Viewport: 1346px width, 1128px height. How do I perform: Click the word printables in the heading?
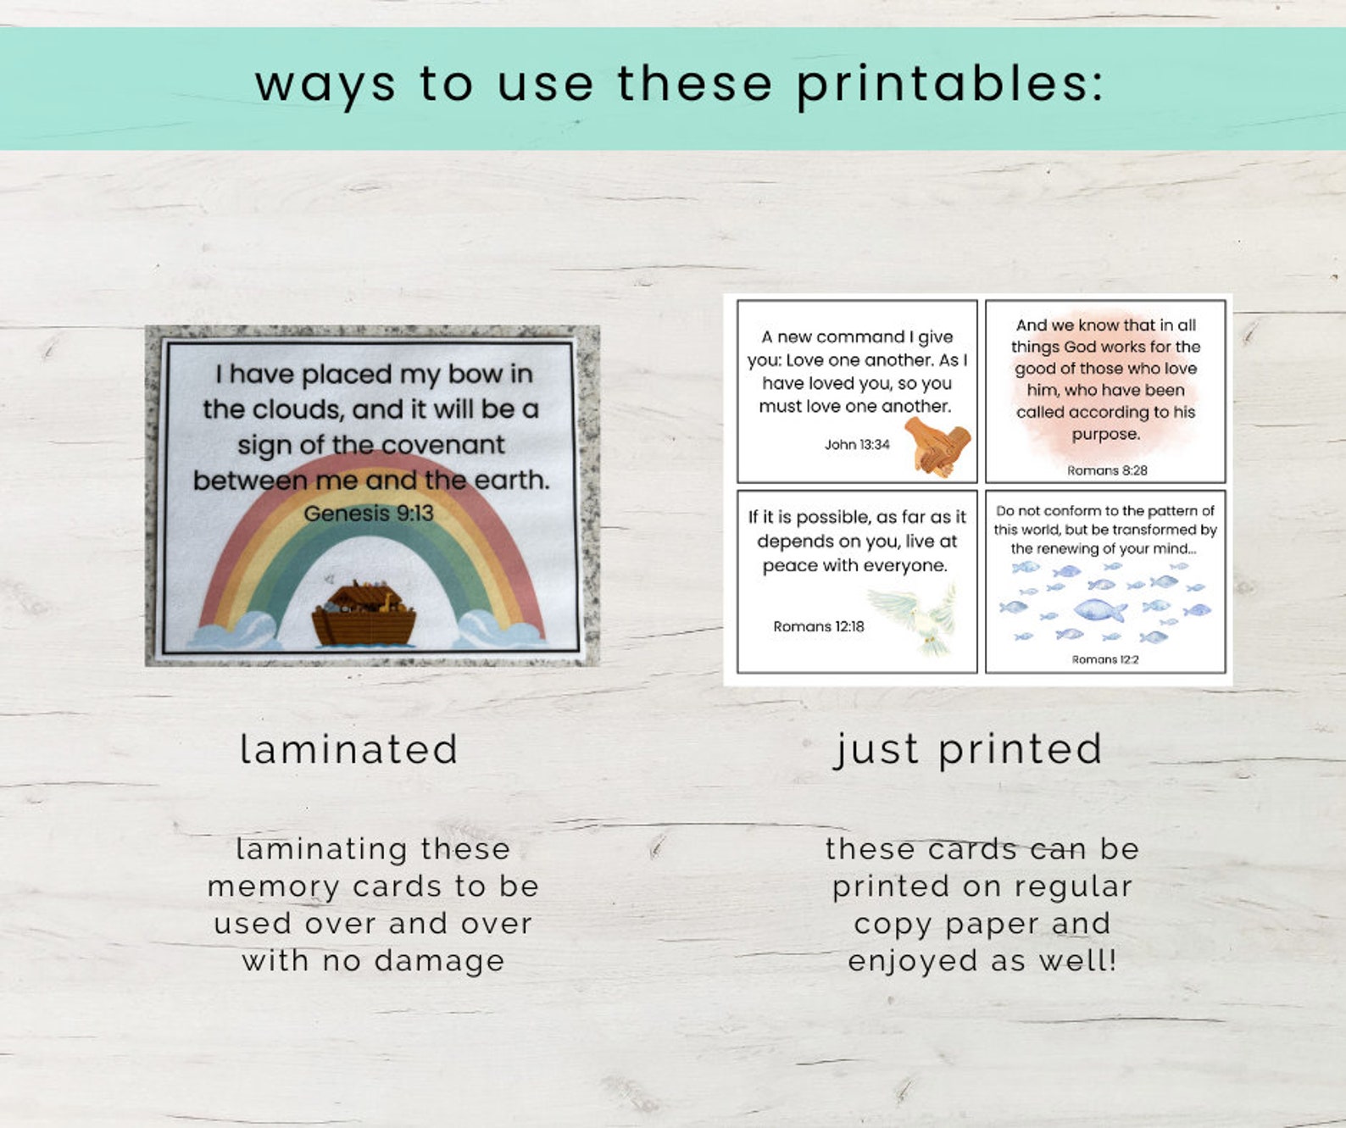click(950, 86)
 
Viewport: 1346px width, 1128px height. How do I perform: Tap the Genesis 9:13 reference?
click(368, 514)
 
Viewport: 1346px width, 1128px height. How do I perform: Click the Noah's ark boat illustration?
click(364, 614)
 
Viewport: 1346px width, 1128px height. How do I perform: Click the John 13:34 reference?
click(857, 445)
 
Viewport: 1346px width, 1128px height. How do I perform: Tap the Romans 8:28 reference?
click(1106, 470)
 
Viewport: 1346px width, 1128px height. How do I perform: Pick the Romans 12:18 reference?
click(818, 626)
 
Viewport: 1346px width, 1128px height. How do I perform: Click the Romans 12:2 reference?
click(1105, 659)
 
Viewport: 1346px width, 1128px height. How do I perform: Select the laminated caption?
click(349, 749)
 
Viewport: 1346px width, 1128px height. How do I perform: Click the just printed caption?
click(968, 749)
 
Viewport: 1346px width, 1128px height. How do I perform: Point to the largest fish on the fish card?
click(1099, 608)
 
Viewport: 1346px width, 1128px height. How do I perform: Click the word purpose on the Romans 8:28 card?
click(1105, 434)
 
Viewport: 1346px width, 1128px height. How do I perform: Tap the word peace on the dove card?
click(787, 565)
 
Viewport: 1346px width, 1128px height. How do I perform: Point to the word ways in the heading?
click(325, 86)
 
